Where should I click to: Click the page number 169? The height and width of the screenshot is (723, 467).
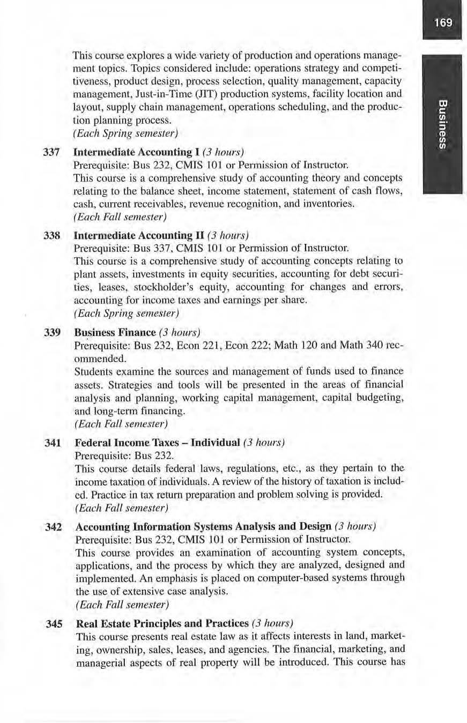tap(442, 23)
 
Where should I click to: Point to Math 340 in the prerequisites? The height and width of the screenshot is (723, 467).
tap(360, 345)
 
